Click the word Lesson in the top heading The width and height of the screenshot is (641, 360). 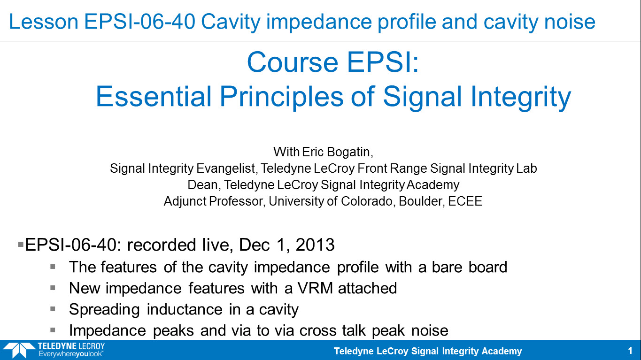[x=44, y=22]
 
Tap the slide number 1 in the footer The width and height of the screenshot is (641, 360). [x=630, y=351]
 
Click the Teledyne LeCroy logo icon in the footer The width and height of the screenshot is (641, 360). [x=19, y=350]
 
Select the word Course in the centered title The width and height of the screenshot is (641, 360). [x=293, y=62]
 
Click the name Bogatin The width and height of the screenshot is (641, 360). [x=350, y=152]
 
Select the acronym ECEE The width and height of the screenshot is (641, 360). [x=465, y=201]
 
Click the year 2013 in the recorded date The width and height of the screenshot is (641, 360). [x=315, y=245]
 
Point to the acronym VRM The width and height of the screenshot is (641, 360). [x=316, y=288]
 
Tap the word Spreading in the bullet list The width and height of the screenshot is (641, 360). [x=104, y=310]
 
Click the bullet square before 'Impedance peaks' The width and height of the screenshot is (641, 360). [x=53, y=330]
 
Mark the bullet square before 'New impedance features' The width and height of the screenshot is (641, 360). [x=53, y=288]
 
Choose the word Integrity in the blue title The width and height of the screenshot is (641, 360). [x=521, y=97]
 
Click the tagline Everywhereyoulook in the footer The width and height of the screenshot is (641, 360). [x=71, y=354]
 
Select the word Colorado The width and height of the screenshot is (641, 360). [x=367, y=201]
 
